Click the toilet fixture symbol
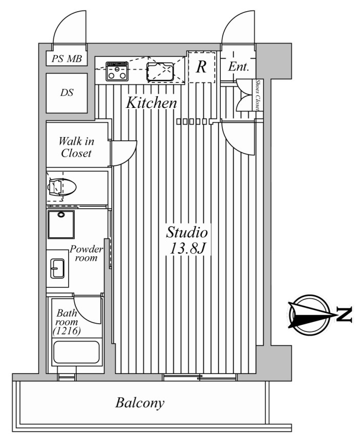pyautogui.click(x=62, y=187)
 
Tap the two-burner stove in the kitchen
pyautogui.click(x=117, y=71)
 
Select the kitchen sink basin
pyautogui.click(x=160, y=72)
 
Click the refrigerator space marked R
pyautogui.click(x=201, y=67)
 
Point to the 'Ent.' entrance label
pyautogui.click(x=239, y=67)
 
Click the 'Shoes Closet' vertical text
pyautogui.click(x=258, y=95)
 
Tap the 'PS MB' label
pyautogui.click(x=67, y=59)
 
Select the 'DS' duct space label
pyautogui.click(x=67, y=92)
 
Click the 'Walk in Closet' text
pyautogui.click(x=76, y=147)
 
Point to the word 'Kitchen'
pyautogui.click(x=152, y=102)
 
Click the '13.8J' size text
pyautogui.click(x=187, y=249)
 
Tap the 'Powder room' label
pyautogui.click(x=86, y=253)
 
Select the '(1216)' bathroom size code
pyautogui.click(x=67, y=330)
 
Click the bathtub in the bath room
pyautogui.click(x=76, y=352)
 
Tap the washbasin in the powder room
pyautogui.click(x=57, y=268)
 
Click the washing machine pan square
pyautogui.click(x=61, y=224)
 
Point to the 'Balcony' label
pyautogui.click(x=140, y=403)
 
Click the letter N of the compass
pyautogui.click(x=344, y=314)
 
